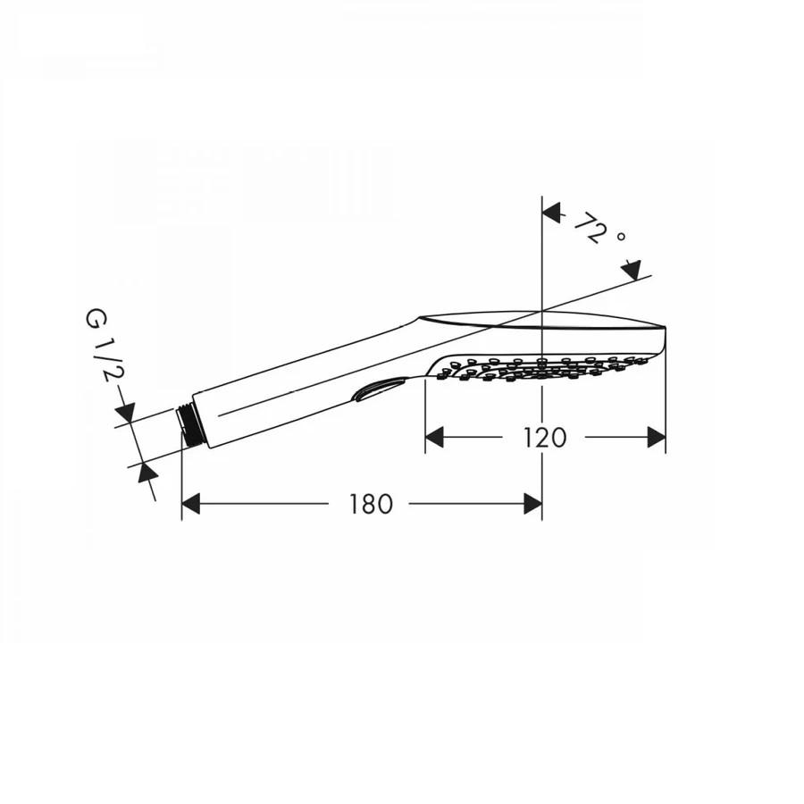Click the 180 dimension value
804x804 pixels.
[371, 504]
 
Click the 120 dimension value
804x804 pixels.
[545, 437]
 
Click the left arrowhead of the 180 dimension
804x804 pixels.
[191, 504]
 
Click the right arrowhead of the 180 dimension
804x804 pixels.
[532, 504]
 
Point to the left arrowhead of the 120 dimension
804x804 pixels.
[435, 437]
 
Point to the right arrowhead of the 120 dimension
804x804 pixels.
[656, 437]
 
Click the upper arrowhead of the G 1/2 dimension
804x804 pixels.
[124, 414]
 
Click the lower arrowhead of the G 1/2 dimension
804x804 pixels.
[144, 473]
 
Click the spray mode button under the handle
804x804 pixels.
[379, 390]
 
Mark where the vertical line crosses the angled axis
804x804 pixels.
[542, 310]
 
